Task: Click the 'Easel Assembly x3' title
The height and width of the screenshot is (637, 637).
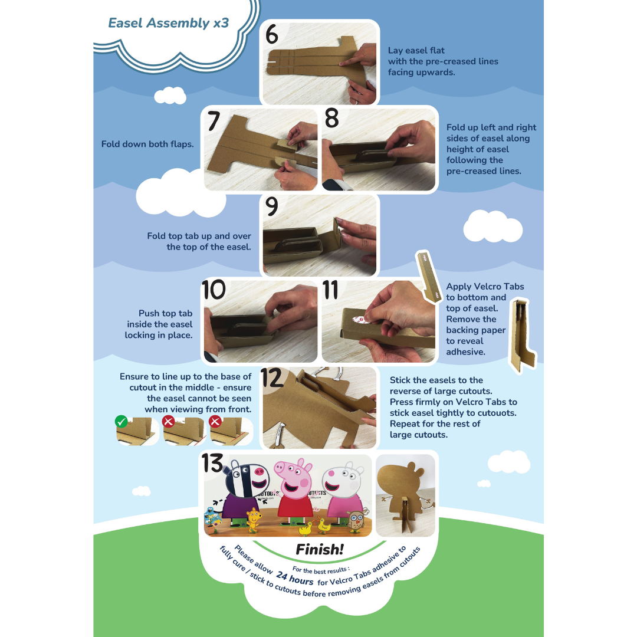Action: pos(169,23)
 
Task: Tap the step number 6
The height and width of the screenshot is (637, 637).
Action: pos(272,34)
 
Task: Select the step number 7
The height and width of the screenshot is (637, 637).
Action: pos(214,121)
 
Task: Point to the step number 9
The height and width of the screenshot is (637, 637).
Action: pos(271,206)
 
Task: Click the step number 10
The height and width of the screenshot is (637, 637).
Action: pos(214,290)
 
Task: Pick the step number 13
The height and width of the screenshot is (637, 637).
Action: pos(212,463)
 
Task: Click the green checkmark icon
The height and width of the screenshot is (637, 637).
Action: pos(121,422)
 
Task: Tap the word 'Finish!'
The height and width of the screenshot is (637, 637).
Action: pos(320,550)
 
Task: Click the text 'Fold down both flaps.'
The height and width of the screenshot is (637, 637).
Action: pos(147,145)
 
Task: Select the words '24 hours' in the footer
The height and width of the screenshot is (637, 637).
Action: pos(294,578)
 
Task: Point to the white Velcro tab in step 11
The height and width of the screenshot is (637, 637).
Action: pos(360,320)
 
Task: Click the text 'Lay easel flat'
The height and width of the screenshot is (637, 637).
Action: pos(416,50)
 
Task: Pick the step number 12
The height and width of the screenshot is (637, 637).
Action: pos(272,378)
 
